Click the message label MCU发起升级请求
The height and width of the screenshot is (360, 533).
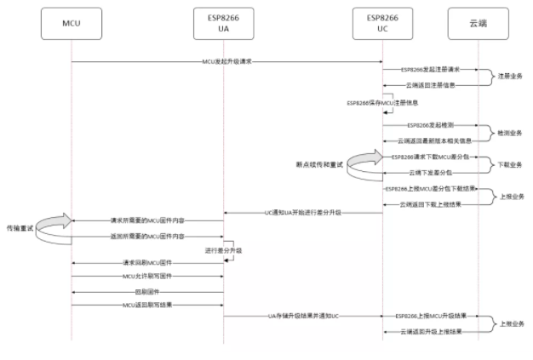[226, 61]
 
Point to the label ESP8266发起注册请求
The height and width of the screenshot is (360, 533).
[430, 70]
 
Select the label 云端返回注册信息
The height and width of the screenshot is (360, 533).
[430, 85]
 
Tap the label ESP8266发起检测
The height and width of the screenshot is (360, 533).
[430, 124]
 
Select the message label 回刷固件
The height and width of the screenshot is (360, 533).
[147, 290]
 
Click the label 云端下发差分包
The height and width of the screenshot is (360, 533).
[430, 173]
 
